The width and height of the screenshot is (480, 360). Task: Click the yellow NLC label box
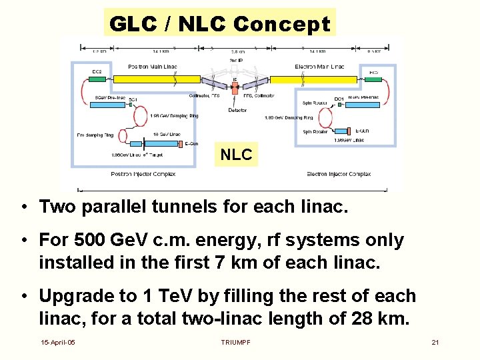pos(236,155)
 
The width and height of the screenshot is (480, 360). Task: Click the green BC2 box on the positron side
pos(97,79)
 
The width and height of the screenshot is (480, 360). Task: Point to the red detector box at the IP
pos(235,87)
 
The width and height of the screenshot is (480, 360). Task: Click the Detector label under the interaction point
pos(237,109)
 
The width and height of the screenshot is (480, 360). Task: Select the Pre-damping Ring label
pos(95,135)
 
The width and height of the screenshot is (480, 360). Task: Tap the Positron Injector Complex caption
pos(143,174)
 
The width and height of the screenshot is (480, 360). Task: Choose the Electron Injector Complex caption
pos(339,174)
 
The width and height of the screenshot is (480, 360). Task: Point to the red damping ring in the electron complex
pos(327,118)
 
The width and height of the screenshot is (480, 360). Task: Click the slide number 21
pos(435,342)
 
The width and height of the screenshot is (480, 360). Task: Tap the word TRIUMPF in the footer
pos(236,342)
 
